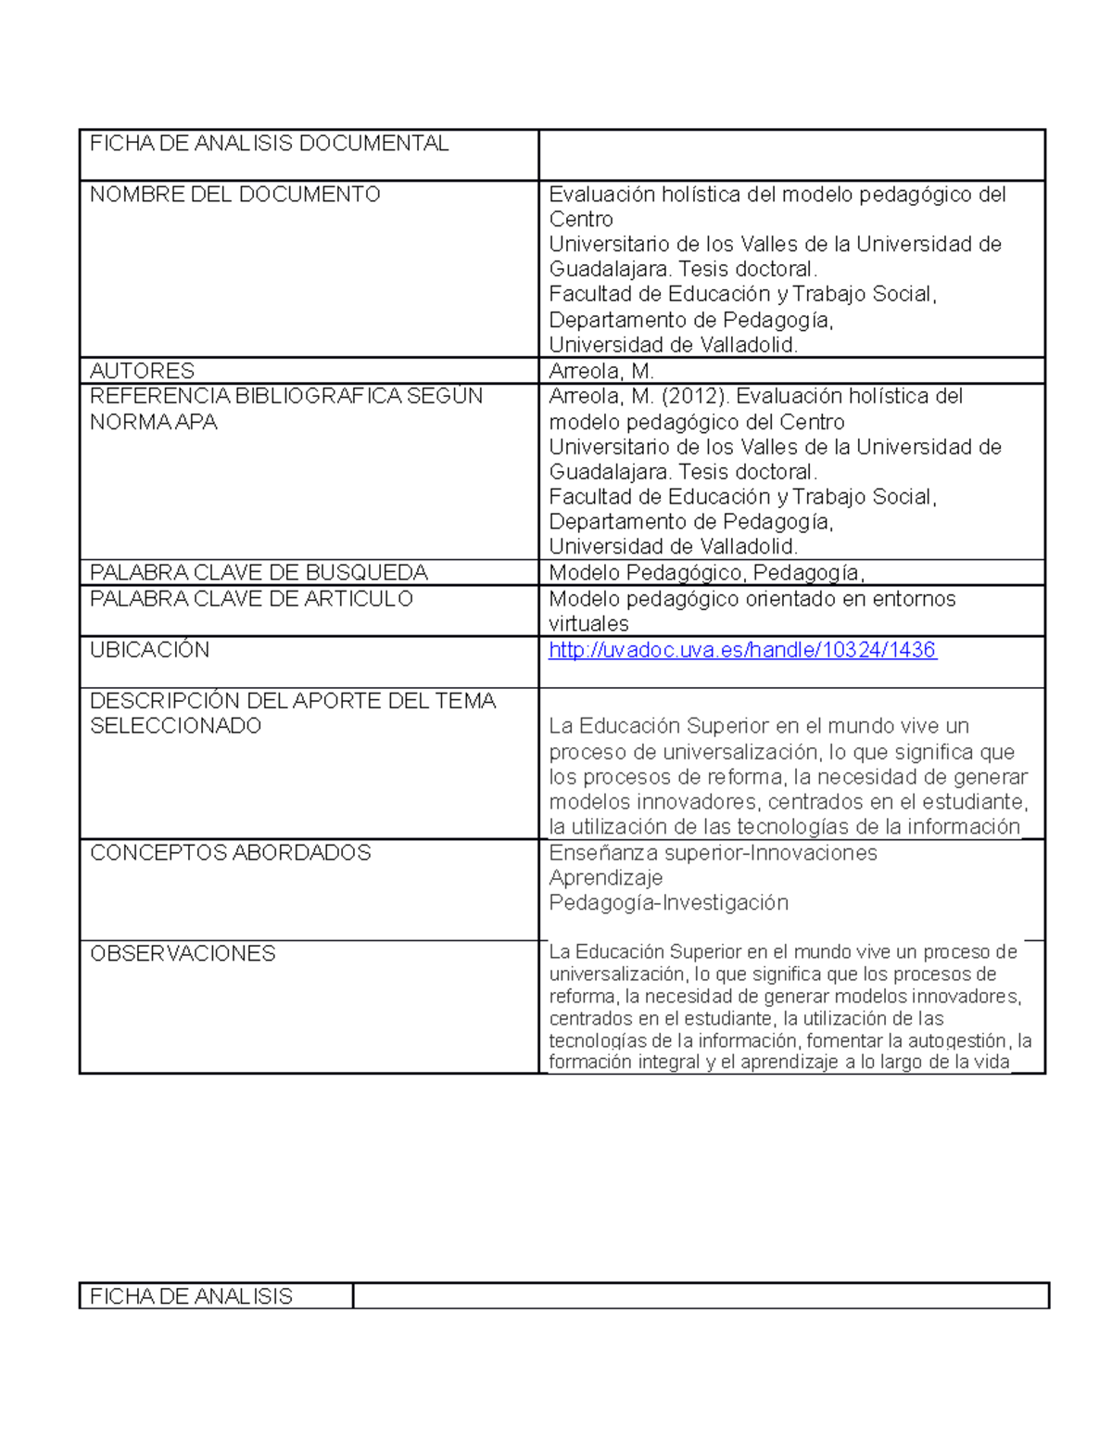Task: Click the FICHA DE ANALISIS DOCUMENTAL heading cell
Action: click(269, 144)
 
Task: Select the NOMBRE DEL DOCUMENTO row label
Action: click(234, 195)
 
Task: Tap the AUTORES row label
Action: click(142, 371)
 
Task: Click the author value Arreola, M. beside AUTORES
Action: click(601, 371)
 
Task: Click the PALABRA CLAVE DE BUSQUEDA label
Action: click(259, 572)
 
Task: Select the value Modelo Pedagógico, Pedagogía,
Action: click(706, 573)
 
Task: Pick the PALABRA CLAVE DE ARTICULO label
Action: click(251, 599)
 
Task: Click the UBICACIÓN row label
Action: click(149, 650)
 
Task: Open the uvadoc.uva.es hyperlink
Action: click(742, 650)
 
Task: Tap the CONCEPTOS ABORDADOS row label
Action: click(230, 853)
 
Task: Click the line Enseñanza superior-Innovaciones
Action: click(713, 853)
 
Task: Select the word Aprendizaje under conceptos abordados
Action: click(606, 878)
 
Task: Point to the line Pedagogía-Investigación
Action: click(668, 903)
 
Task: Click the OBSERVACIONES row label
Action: click(183, 954)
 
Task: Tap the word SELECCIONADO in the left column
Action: click(175, 726)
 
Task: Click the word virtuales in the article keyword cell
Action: click(588, 624)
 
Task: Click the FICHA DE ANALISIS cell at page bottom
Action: click(191, 1296)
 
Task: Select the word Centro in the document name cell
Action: click(581, 220)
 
